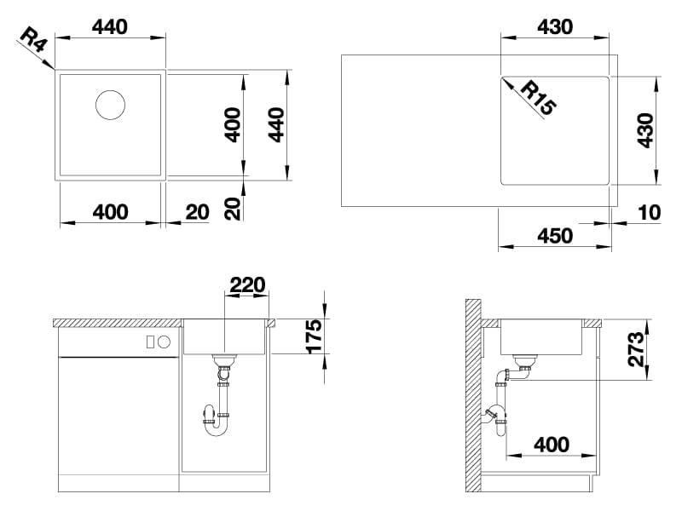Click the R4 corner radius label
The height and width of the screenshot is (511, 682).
[x=32, y=39]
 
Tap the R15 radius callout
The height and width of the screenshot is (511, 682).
[x=539, y=99]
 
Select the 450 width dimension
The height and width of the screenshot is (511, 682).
[x=555, y=236]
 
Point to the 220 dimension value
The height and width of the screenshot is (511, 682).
[x=247, y=285]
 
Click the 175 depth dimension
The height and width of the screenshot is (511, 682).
[x=314, y=336]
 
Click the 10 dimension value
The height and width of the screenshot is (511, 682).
[x=650, y=213]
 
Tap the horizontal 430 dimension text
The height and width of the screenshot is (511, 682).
[x=555, y=27]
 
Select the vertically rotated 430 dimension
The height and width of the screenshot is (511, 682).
[x=645, y=131]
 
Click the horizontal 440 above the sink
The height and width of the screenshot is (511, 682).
[x=110, y=27]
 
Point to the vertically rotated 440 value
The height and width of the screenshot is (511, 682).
[x=276, y=125]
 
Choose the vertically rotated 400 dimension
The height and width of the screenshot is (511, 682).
[x=233, y=125]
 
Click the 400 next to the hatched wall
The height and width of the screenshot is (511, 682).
[x=552, y=445]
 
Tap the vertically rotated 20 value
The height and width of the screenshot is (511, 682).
[x=233, y=209]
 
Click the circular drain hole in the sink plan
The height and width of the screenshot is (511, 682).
[x=111, y=105]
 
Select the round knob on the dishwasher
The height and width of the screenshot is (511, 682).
[x=164, y=342]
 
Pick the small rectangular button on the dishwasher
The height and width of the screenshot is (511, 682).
[x=150, y=342]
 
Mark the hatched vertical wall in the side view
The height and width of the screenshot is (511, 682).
[x=473, y=395]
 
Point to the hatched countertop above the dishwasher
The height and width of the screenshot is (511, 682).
[x=118, y=323]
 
